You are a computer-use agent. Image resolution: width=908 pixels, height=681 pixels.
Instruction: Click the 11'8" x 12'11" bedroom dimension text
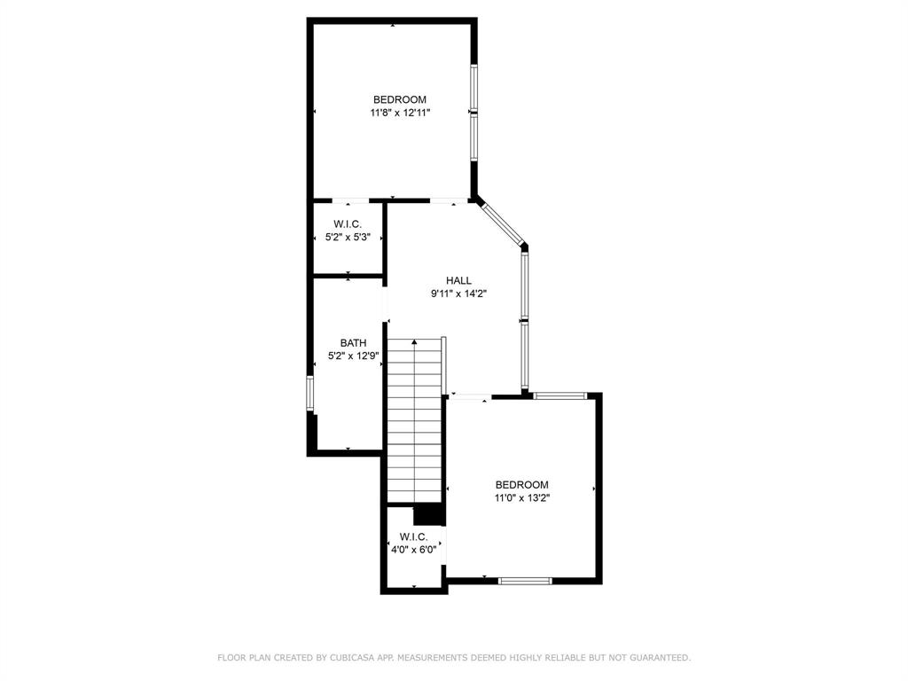(400, 113)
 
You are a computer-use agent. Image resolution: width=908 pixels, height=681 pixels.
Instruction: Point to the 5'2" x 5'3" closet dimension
(348, 238)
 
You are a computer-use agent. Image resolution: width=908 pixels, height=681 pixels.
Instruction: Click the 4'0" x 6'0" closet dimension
(413, 550)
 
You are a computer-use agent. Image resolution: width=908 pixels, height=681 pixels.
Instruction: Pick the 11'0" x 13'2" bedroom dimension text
(521, 498)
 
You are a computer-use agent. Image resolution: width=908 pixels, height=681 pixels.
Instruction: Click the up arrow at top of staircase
(414, 342)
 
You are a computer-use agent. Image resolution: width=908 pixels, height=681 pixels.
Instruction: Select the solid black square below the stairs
(428, 513)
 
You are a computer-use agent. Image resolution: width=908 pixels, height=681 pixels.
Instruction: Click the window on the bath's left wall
(310, 393)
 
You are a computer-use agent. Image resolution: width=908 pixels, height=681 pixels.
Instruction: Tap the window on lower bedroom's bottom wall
(525, 581)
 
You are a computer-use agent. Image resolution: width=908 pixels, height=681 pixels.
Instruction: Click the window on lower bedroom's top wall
(560, 395)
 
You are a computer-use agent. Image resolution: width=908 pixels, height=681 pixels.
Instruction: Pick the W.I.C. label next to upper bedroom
(348, 224)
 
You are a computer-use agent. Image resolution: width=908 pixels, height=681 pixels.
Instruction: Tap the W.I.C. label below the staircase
(413, 536)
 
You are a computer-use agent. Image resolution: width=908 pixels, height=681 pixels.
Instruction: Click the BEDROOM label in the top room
(400, 99)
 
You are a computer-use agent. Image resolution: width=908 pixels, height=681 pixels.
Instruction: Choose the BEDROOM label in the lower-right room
(521, 485)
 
